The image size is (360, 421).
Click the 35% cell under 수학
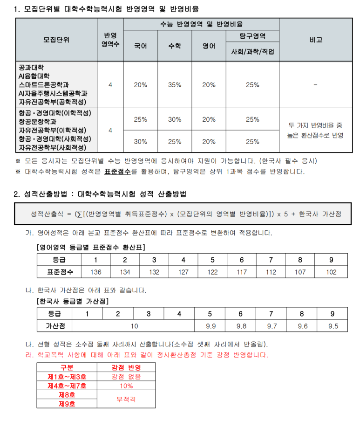point(175,85)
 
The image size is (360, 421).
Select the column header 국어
point(140,46)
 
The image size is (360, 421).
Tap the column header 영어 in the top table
point(209,46)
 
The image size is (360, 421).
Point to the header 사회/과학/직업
point(252,51)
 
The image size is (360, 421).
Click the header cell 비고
point(315,40)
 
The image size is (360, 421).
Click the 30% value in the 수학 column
point(175,119)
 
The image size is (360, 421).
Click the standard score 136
point(95,272)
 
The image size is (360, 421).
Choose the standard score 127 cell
point(183,272)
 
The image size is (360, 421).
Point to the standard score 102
point(331,272)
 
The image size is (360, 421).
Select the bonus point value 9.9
point(211,326)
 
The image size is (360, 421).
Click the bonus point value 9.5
point(333,326)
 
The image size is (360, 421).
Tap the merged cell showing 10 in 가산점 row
point(134,326)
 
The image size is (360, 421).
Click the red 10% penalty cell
point(126,386)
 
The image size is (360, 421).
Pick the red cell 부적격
point(126,399)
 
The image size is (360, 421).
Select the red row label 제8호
point(67,394)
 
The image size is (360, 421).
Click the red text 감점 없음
point(126,377)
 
